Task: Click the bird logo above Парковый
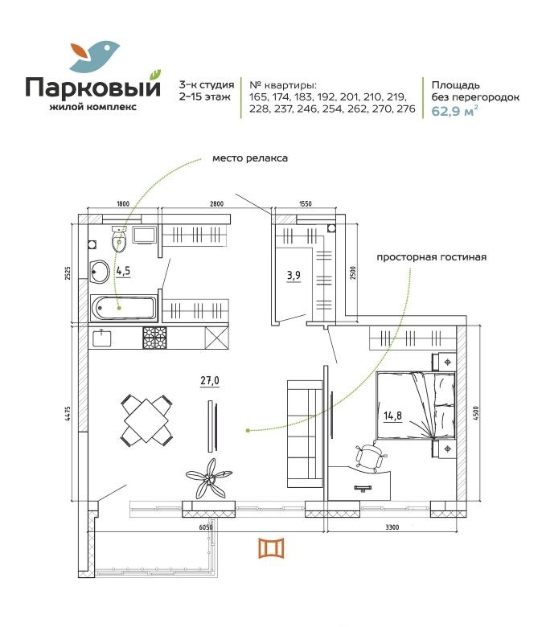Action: pos(95,55)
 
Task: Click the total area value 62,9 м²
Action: pos(454,111)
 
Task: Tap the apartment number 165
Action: pos(257,97)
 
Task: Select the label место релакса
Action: pos(250,158)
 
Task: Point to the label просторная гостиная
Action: pos(432,257)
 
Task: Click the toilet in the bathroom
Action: pos(119,239)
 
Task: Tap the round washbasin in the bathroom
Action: pos(99,272)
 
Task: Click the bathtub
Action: pos(124,308)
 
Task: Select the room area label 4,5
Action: pos(123,271)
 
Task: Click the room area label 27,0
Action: pos(210,380)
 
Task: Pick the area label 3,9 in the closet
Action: pos(294,275)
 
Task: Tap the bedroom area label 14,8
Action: pos(392,416)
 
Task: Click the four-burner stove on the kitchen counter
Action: pos(154,338)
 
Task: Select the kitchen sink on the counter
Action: pos(102,338)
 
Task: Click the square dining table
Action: pos(147,420)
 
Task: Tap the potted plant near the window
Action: pos(209,478)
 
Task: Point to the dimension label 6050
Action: pos(206,527)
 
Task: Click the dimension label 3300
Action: pos(392,527)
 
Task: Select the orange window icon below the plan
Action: pos(271,548)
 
